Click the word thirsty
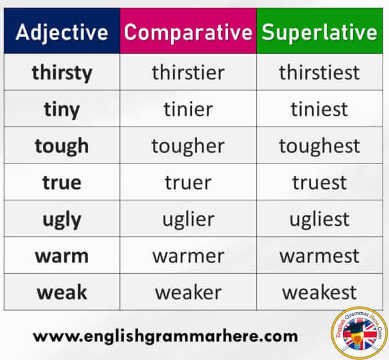point(62,73)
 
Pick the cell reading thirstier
point(188,72)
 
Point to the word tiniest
point(319,109)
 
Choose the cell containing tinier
point(188,109)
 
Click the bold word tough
point(62,146)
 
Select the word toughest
point(320,146)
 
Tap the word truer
point(188,182)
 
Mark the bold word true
point(62,182)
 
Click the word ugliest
point(320,219)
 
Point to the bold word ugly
point(62,220)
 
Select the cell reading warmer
point(188,255)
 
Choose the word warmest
point(320,256)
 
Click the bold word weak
point(62,292)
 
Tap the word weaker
point(188,292)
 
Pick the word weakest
point(320,293)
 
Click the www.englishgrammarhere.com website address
point(165,337)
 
